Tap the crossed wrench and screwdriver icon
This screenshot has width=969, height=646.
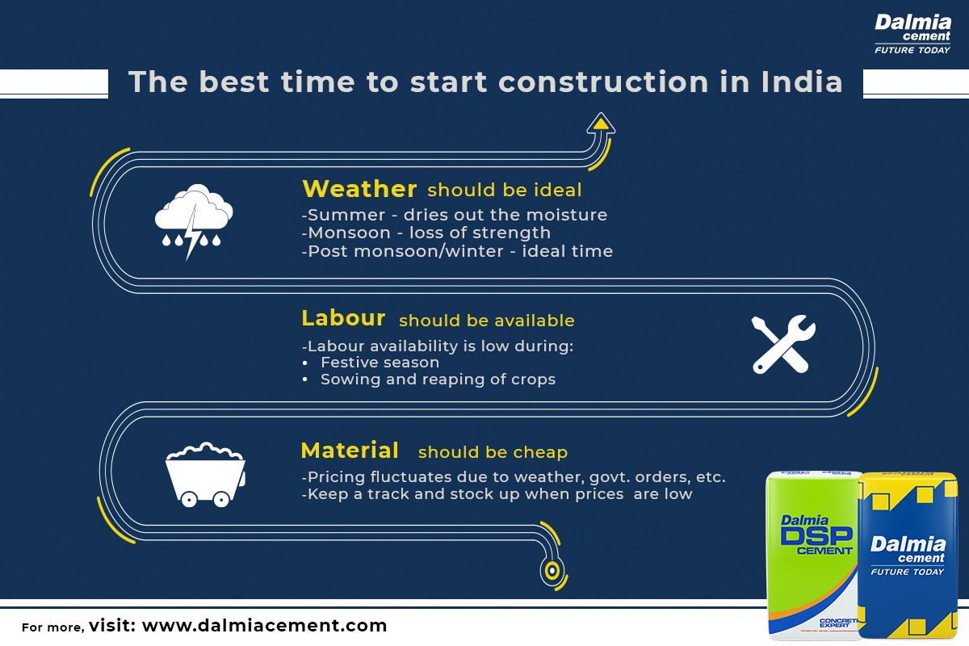783,344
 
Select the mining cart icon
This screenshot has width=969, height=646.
205,474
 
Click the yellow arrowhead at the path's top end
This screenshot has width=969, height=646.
601,124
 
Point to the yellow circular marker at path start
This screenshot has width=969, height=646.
552,570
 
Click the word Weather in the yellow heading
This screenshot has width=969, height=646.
359,189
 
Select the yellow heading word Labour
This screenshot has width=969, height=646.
343,318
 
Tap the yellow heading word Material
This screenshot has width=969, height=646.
350,451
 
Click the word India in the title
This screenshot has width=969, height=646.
802,82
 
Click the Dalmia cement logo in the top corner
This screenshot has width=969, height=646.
912,34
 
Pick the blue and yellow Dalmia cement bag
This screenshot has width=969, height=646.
908,556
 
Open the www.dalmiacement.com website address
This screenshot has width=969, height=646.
264,626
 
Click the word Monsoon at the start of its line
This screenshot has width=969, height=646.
349,233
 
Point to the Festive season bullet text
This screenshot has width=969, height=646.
380,362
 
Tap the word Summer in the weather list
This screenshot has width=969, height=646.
346,215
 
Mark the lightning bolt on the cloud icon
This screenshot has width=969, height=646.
192,232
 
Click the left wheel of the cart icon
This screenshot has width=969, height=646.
189,499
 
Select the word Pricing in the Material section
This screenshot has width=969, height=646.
337,477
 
